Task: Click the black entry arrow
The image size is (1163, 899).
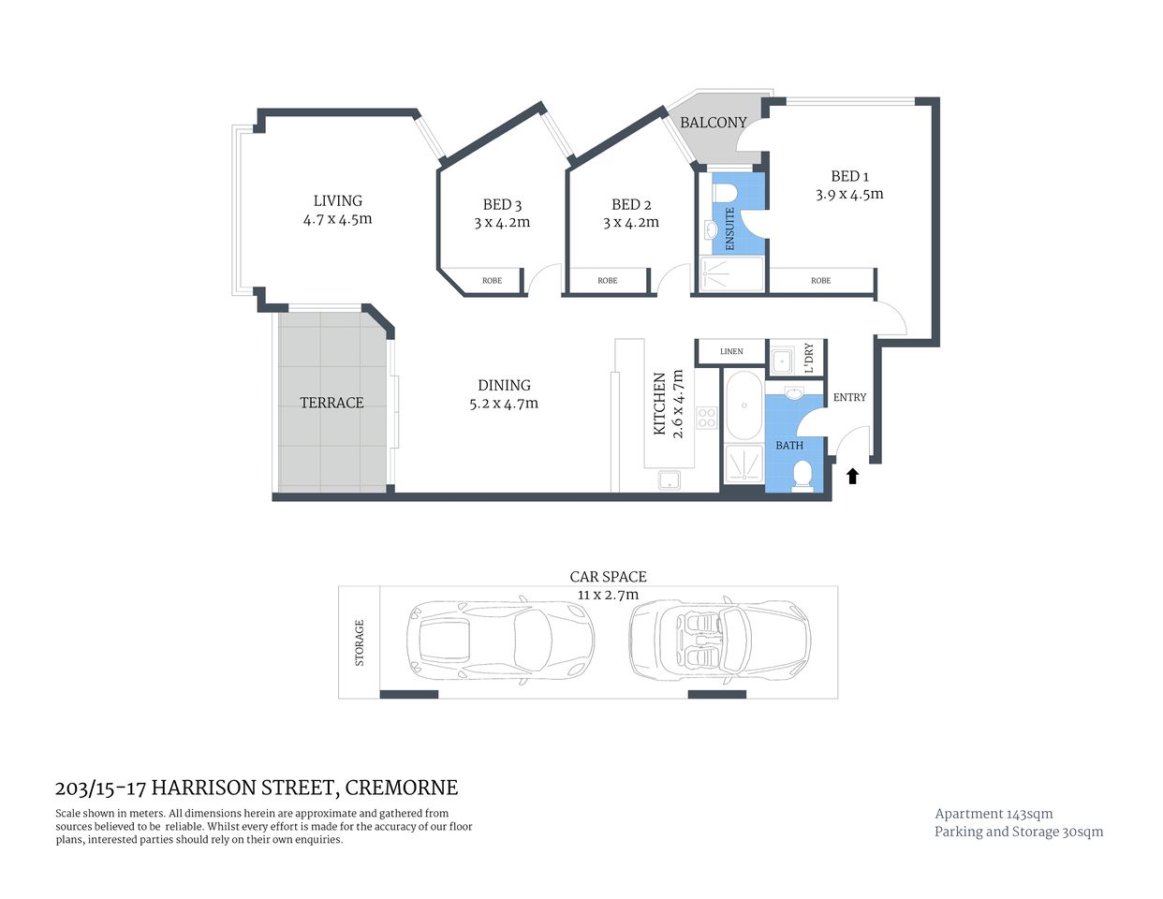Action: pyautogui.click(x=852, y=477)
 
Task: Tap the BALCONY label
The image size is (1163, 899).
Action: pyautogui.click(x=714, y=123)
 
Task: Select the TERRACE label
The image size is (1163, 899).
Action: pyautogui.click(x=331, y=403)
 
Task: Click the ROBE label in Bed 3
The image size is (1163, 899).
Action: pyautogui.click(x=492, y=281)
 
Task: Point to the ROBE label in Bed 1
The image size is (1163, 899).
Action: pyautogui.click(x=820, y=281)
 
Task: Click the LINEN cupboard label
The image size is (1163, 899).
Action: pyautogui.click(x=731, y=352)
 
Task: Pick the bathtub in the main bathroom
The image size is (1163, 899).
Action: pyautogui.click(x=744, y=405)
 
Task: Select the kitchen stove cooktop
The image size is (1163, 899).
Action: pyautogui.click(x=706, y=417)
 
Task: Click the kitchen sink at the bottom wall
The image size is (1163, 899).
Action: pyautogui.click(x=670, y=480)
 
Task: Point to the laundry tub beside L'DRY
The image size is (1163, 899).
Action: pyautogui.click(x=781, y=359)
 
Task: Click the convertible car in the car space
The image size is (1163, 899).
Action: pyautogui.click(x=719, y=640)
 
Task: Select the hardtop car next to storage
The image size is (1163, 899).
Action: pyautogui.click(x=499, y=640)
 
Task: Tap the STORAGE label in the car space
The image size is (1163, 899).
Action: pyautogui.click(x=360, y=642)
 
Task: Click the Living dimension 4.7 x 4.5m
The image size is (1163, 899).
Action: pyautogui.click(x=337, y=219)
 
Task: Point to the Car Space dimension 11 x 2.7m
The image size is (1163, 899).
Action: pyautogui.click(x=608, y=595)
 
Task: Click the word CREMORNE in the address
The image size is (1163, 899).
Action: pyautogui.click(x=402, y=788)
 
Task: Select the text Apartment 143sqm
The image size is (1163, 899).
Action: pyautogui.click(x=994, y=814)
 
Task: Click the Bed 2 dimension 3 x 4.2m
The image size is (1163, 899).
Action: pyautogui.click(x=630, y=223)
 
